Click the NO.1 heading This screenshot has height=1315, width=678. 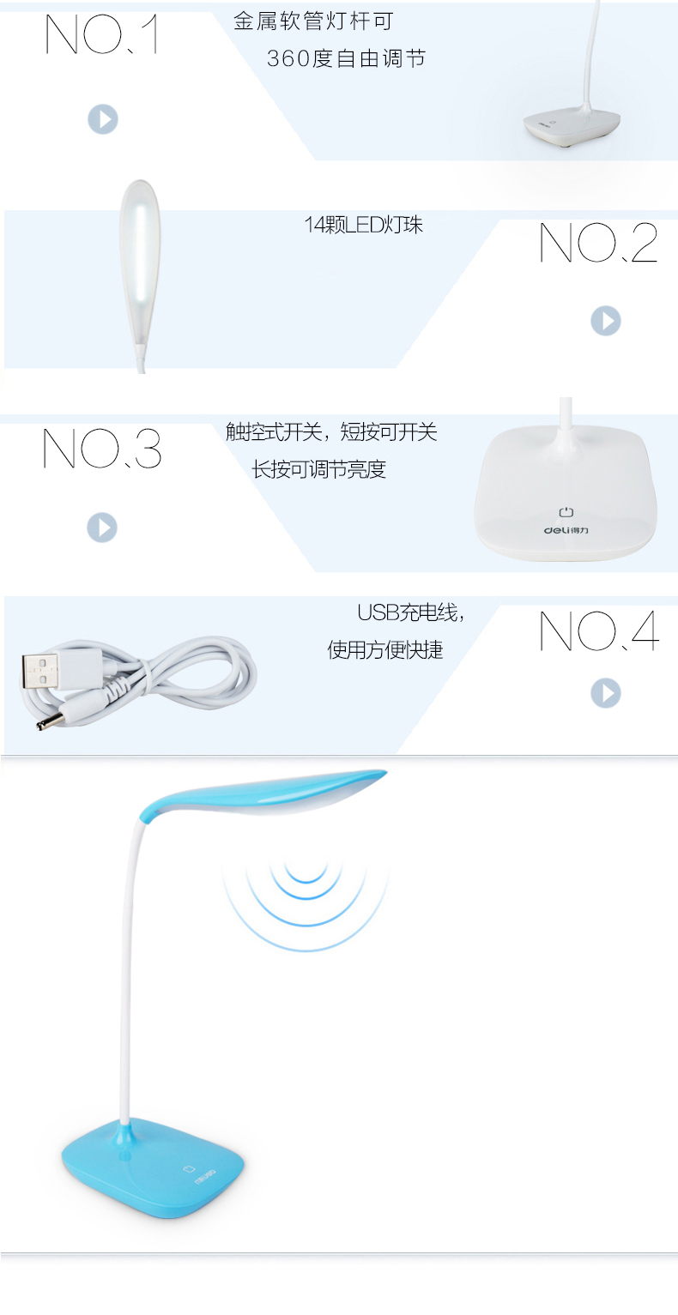101,34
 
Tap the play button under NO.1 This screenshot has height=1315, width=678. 103,119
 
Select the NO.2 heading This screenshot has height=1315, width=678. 598,242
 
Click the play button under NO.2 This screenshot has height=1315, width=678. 606,321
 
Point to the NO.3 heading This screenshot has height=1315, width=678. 101,449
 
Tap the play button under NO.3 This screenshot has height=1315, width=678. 102,528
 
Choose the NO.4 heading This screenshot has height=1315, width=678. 599,630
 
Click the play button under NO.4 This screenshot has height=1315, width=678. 606,693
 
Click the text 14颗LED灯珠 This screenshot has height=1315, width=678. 363,225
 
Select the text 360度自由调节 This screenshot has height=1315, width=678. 346,58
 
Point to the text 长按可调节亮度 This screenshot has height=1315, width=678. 318,469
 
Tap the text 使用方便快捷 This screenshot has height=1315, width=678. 384,650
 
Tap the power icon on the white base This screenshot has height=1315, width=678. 566,512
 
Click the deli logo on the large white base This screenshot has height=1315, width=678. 566,531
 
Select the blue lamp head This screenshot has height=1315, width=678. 263,792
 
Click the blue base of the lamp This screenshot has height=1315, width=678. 153,1168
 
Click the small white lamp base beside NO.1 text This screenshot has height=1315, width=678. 572,125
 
